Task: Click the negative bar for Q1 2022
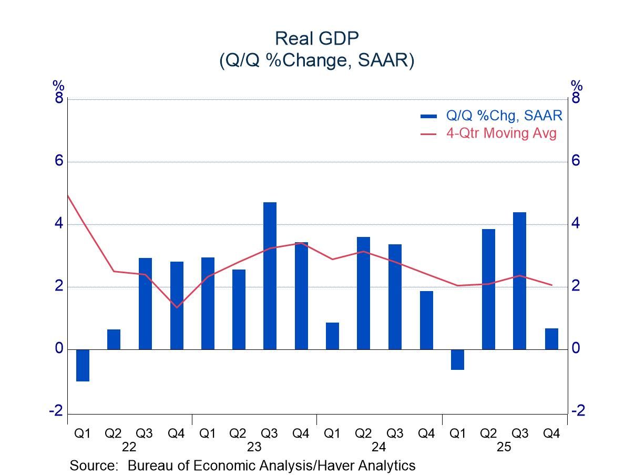click(83, 365)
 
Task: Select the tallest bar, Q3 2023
click(270, 276)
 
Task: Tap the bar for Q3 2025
click(519, 281)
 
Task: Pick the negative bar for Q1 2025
click(457, 360)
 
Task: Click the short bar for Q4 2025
click(551, 339)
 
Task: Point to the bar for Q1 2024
click(332, 336)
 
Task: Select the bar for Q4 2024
click(426, 320)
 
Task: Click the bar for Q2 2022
click(114, 339)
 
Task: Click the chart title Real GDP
click(317, 39)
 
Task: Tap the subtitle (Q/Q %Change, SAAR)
click(317, 60)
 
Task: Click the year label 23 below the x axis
click(254, 448)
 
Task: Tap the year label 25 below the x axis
click(504, 448)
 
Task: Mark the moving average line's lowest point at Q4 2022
click(177, 307)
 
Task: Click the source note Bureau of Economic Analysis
click(243, 465)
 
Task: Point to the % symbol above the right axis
click(576, 85)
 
